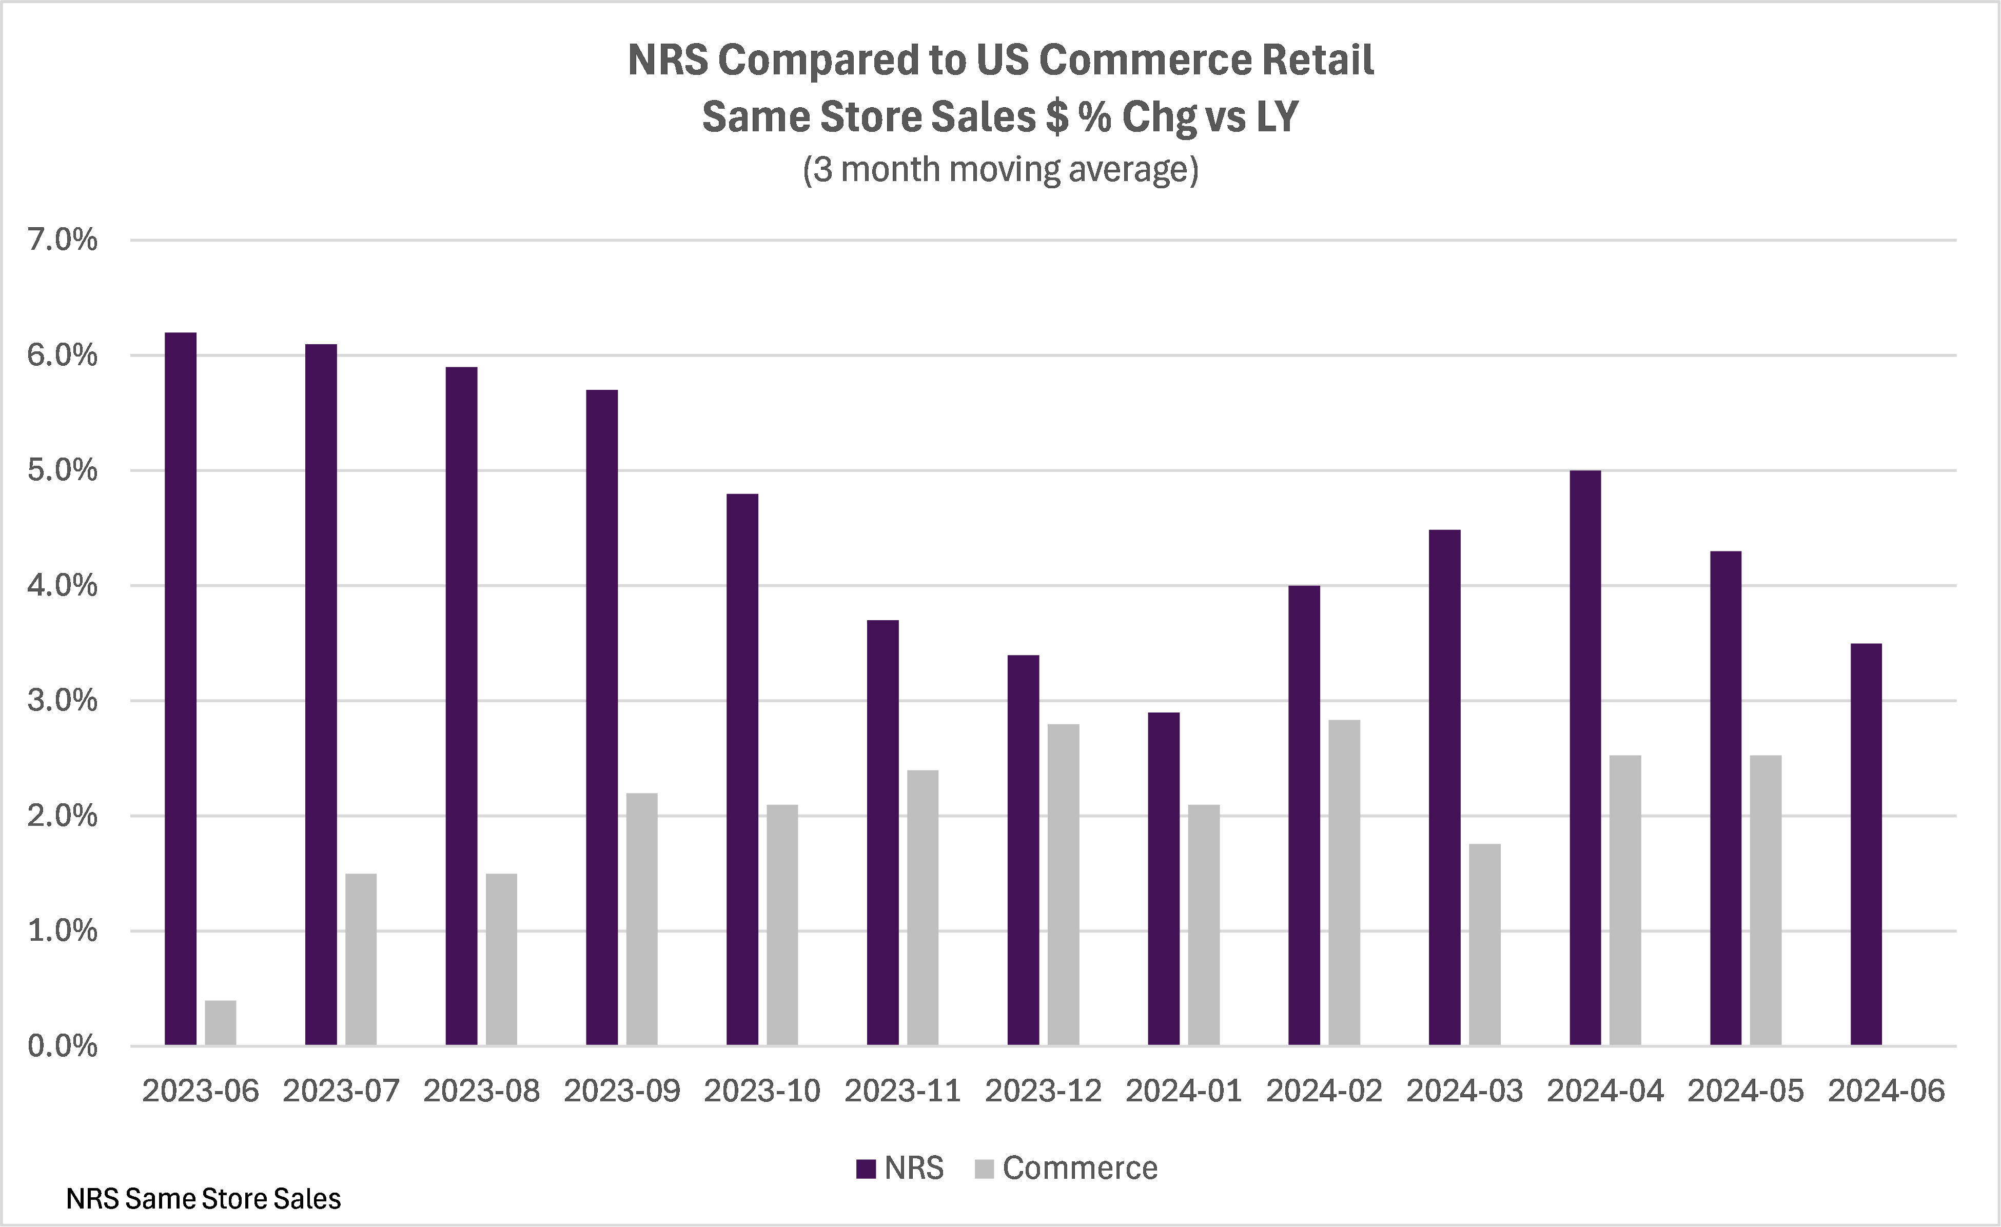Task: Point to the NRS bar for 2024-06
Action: pos(1866,844)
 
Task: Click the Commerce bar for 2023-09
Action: pos(641,918)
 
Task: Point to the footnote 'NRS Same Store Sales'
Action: pos(203,1199)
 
